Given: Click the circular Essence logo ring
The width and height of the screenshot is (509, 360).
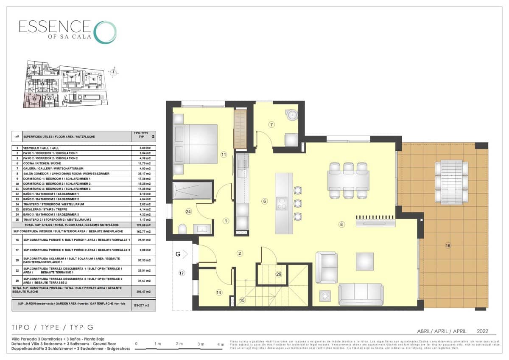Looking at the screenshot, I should [x=104, y=32].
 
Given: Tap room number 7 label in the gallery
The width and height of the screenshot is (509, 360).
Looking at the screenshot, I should [x=271, y=124].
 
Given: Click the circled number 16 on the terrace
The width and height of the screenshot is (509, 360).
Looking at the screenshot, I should [x=448, y=245].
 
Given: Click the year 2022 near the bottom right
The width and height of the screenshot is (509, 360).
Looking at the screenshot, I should [x=483, y=331].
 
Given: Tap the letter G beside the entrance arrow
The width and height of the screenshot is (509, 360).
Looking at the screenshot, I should [x=178, y=254].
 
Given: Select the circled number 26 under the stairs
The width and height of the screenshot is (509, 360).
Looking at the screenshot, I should [x=278, y=274].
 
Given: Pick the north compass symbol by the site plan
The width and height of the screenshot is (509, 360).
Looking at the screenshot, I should [x=113, y=72].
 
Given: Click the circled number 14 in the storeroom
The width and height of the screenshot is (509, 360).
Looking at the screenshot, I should [x=219, y=292].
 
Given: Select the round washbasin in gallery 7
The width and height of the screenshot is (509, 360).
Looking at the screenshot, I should [x=291, y=115].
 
